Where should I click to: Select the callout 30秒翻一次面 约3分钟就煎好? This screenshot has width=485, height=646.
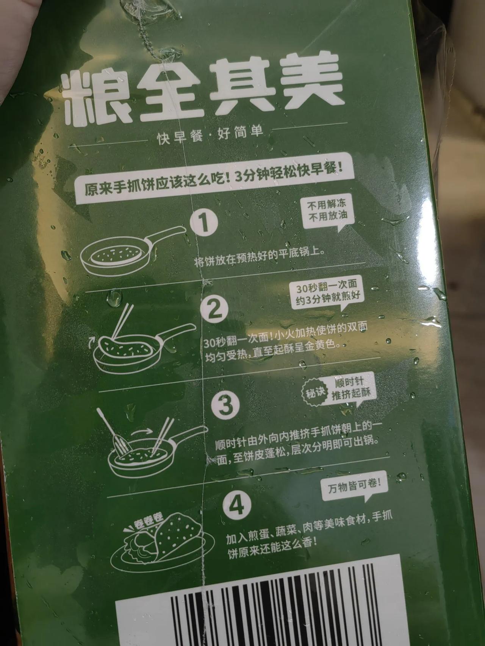(328, 294)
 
